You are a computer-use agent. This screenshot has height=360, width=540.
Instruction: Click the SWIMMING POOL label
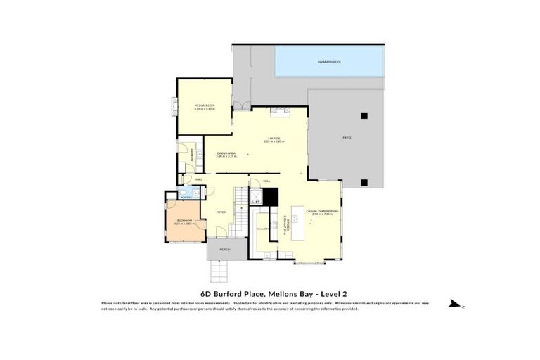(x=328, y=62)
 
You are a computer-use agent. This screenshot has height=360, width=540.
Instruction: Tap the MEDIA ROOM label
(x=204, y=105)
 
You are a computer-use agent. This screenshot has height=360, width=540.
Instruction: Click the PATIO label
(x=347, y=137)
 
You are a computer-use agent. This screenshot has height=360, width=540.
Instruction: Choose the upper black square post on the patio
(x=363, y=115)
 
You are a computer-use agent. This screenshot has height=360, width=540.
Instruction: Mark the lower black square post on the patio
(x=363, y=182)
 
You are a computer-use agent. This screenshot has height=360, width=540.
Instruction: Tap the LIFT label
(x=256, y=202)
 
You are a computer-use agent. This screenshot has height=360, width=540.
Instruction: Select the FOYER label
(x=221, y=211)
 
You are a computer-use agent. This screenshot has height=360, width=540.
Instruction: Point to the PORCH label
(x=225, y=250)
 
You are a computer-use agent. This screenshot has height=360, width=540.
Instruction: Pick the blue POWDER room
(x=185, y=194)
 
